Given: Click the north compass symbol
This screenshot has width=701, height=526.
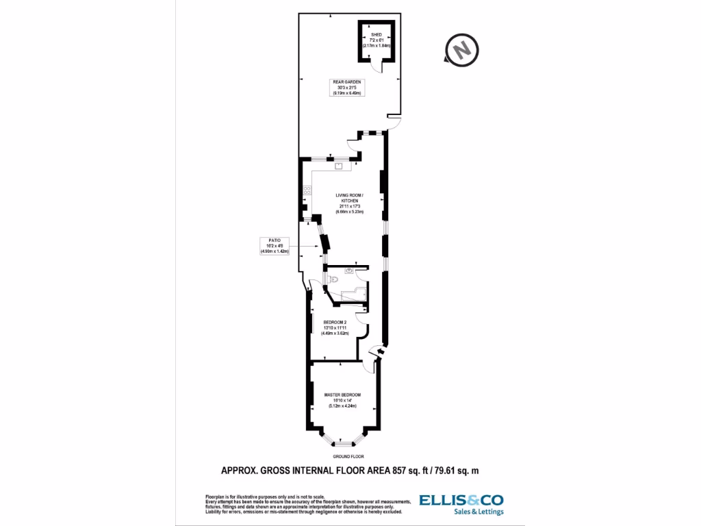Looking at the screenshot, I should (462, 49).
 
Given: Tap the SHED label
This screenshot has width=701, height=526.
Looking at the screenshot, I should (376, 35).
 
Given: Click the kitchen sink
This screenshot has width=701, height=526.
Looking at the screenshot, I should (339, 165).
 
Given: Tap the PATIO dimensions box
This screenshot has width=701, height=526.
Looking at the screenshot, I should (275, 246).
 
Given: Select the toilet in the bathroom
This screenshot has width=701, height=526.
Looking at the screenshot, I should (332, 279).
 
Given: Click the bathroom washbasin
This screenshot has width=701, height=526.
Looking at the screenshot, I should (350, 271).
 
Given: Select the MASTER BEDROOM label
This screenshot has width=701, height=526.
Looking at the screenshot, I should (343, 395).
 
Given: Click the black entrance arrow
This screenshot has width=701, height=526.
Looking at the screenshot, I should (374, 351).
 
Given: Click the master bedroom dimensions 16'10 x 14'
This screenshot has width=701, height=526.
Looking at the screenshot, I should (343, 401).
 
